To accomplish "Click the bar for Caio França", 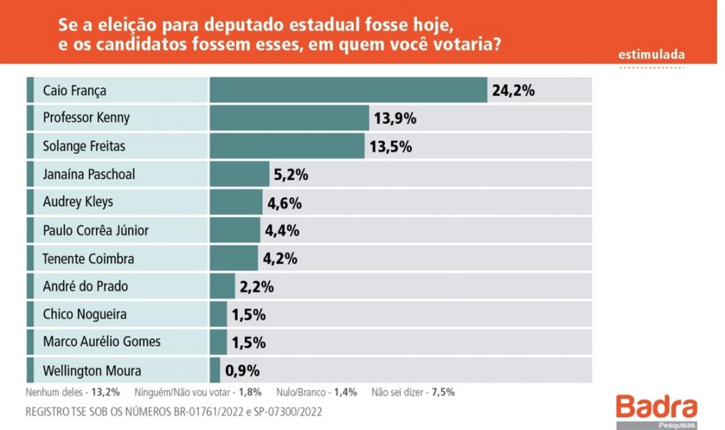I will (348, 90).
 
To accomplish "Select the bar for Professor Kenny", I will (290, 117).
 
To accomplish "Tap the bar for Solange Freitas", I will (287, 146).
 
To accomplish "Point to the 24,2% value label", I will (513, 91).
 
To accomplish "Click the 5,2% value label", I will (291, 174).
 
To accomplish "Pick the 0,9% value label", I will (242, 370).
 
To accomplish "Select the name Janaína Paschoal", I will (89, 174).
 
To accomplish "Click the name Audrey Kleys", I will (78, 202).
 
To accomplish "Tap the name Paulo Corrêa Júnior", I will (96, 231).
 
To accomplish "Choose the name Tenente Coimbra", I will (89, 258).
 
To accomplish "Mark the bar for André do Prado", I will (222, 286).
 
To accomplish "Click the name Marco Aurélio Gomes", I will (101, 342).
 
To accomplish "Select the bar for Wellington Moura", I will (215, 370).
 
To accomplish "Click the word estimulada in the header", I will (651, 54).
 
